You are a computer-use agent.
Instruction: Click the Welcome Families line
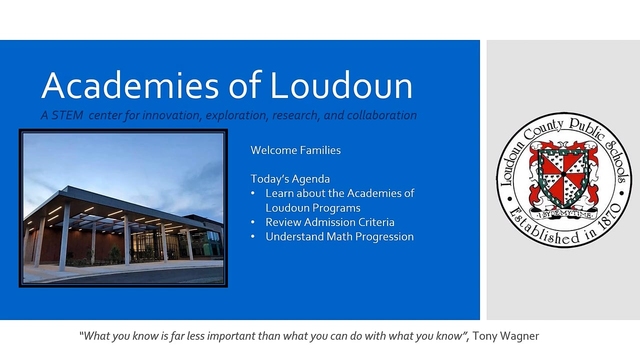coord(295,150)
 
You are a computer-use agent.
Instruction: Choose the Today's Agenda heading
coord(290,179)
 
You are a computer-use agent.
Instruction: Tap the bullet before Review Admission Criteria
coord(253,222)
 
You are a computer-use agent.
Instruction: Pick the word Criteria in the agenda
coord(376,222)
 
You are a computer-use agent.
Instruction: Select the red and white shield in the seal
coord(563,177)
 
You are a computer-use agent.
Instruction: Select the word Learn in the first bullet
coord(278,193)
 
